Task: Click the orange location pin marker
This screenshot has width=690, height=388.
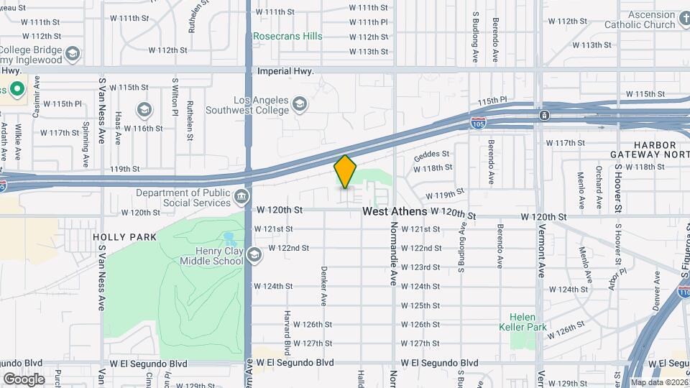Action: (346, 172)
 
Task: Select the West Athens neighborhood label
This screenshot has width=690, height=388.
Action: (395, 212)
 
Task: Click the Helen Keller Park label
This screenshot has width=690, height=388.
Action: (523, 321)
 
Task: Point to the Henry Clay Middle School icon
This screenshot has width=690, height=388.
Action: (254, 256)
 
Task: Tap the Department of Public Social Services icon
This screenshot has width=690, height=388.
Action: (242, 196)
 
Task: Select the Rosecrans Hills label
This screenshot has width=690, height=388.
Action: (287, 36)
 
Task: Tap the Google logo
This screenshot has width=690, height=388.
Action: (24, 379)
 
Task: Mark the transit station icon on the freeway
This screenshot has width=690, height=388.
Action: (545, 115)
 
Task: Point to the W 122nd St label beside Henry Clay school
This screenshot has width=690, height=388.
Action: (289, 248)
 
